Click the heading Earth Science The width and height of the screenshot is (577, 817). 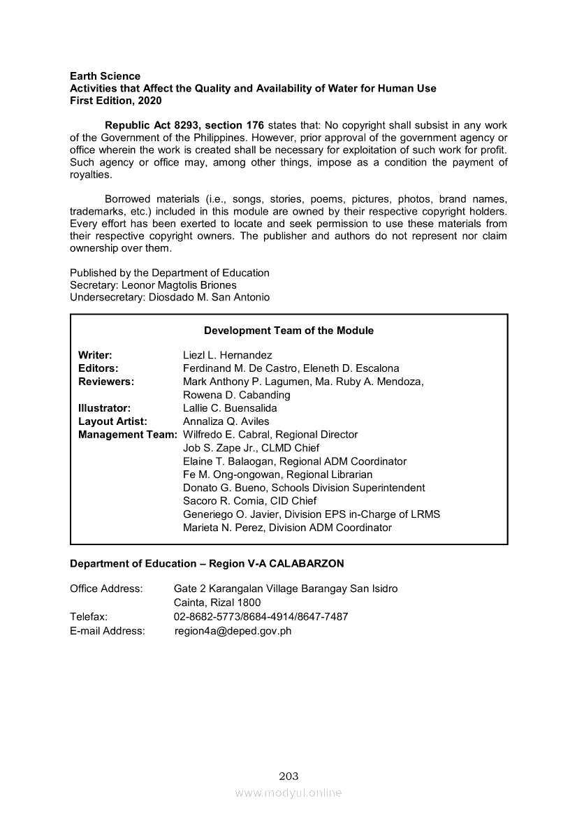[x=105, y=75]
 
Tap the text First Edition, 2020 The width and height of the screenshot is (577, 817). [x=115, y=101]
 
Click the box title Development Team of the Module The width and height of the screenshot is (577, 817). [x=288, y=331]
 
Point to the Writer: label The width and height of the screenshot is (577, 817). [x=95, y=355]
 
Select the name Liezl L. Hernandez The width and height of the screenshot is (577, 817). [x=227, y=355]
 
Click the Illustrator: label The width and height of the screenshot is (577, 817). [x=104, y=408]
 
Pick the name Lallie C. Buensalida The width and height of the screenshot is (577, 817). [x=230, y=408]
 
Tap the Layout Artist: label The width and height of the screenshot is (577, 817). [x=112, y=421]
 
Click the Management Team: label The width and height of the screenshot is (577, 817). [x=128, y=435]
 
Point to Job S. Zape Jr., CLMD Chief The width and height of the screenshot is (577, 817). [x=251, y=448]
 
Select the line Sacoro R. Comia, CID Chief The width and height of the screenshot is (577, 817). [x=249, y=501]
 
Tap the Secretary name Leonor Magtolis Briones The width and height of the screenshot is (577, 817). [x=179, y=285]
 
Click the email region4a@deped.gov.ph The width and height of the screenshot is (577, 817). [x=233, y=631]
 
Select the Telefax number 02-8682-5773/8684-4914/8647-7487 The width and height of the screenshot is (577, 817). [x=261, y=616]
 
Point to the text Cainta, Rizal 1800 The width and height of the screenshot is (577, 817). [x=217, y=602]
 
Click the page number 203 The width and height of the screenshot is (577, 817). [x=288, y=776]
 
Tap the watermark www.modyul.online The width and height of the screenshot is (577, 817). [x=288, y=793]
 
